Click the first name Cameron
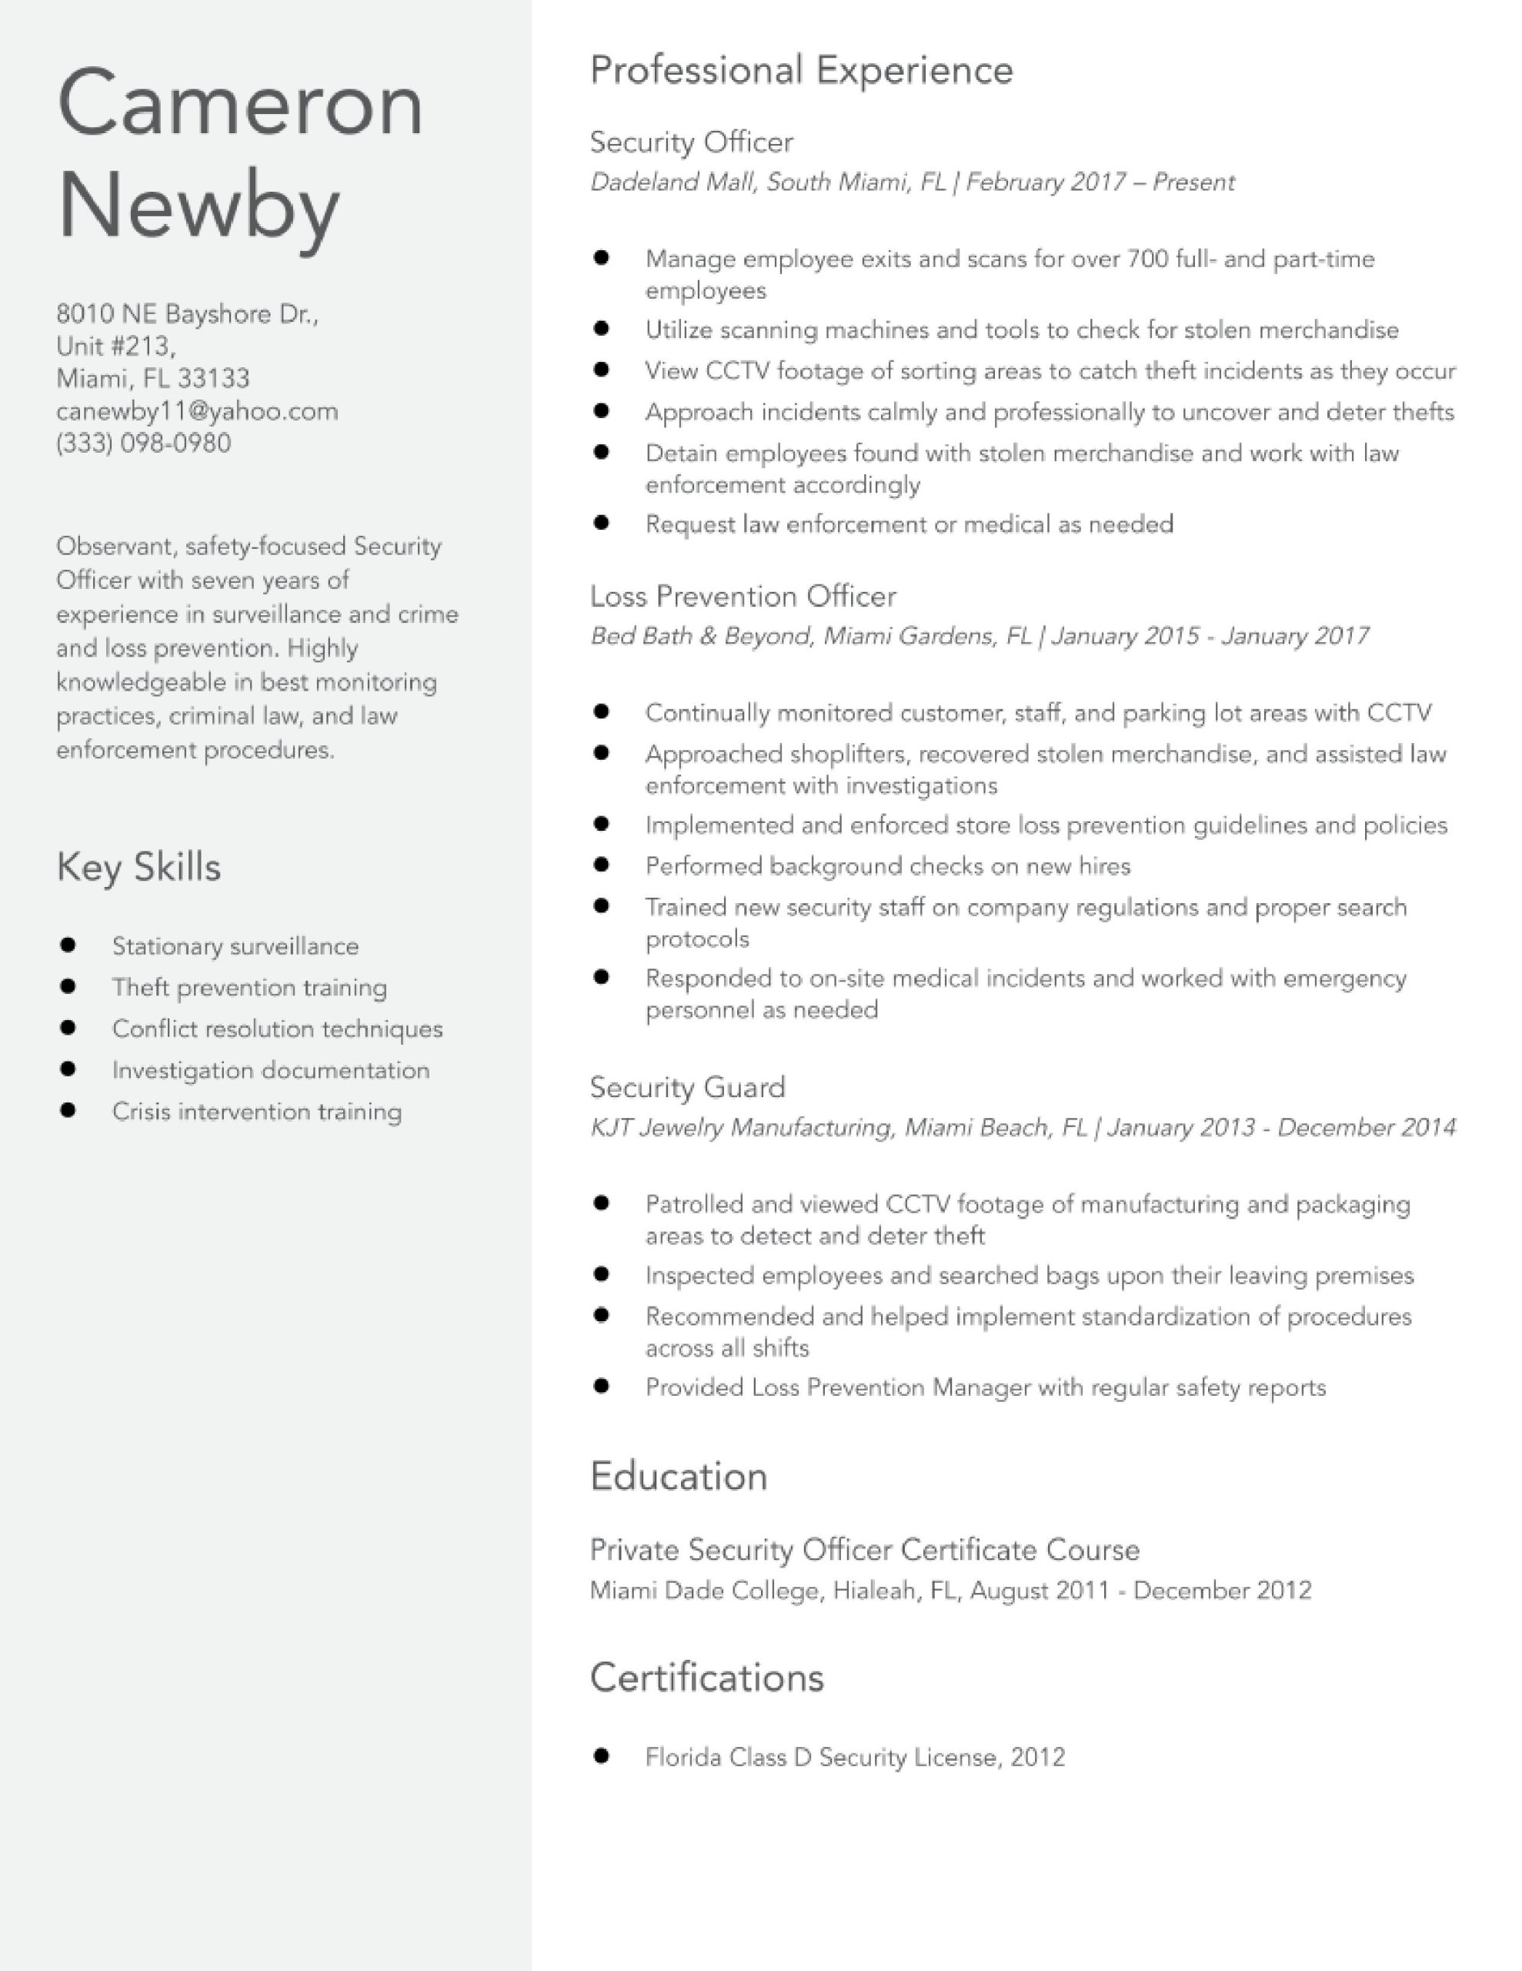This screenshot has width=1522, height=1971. coord(239,105)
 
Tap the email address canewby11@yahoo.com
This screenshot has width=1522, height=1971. coord(197,412)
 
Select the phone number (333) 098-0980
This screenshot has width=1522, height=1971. coord(143,443)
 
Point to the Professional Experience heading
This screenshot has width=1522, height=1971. coord(801,70)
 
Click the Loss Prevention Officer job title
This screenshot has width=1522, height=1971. coord(743,597)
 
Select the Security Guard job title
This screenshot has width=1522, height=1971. coord(686,1086)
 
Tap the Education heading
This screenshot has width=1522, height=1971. coord(679,1477)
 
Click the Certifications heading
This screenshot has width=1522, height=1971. coord(706,1678)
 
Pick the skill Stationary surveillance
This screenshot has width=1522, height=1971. coord(235,947)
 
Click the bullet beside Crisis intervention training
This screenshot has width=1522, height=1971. coord(68,1110)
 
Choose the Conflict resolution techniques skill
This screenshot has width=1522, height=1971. coord(277,1029)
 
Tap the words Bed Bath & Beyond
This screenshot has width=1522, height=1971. coord(702,636)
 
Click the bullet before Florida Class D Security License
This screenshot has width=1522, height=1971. coord(602,1755)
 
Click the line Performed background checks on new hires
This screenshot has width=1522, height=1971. coord(887,866)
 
